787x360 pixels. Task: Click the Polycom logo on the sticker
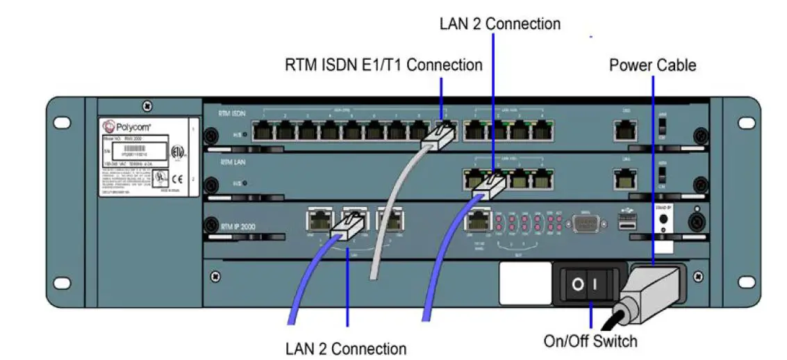124,126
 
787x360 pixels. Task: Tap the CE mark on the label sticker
179,177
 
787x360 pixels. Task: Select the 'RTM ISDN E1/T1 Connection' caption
383,65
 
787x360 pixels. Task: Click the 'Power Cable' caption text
652,65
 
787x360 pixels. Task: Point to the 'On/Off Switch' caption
590,341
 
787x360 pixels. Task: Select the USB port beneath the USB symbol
627,222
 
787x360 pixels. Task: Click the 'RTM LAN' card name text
234,162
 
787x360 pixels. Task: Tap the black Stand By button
663,218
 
